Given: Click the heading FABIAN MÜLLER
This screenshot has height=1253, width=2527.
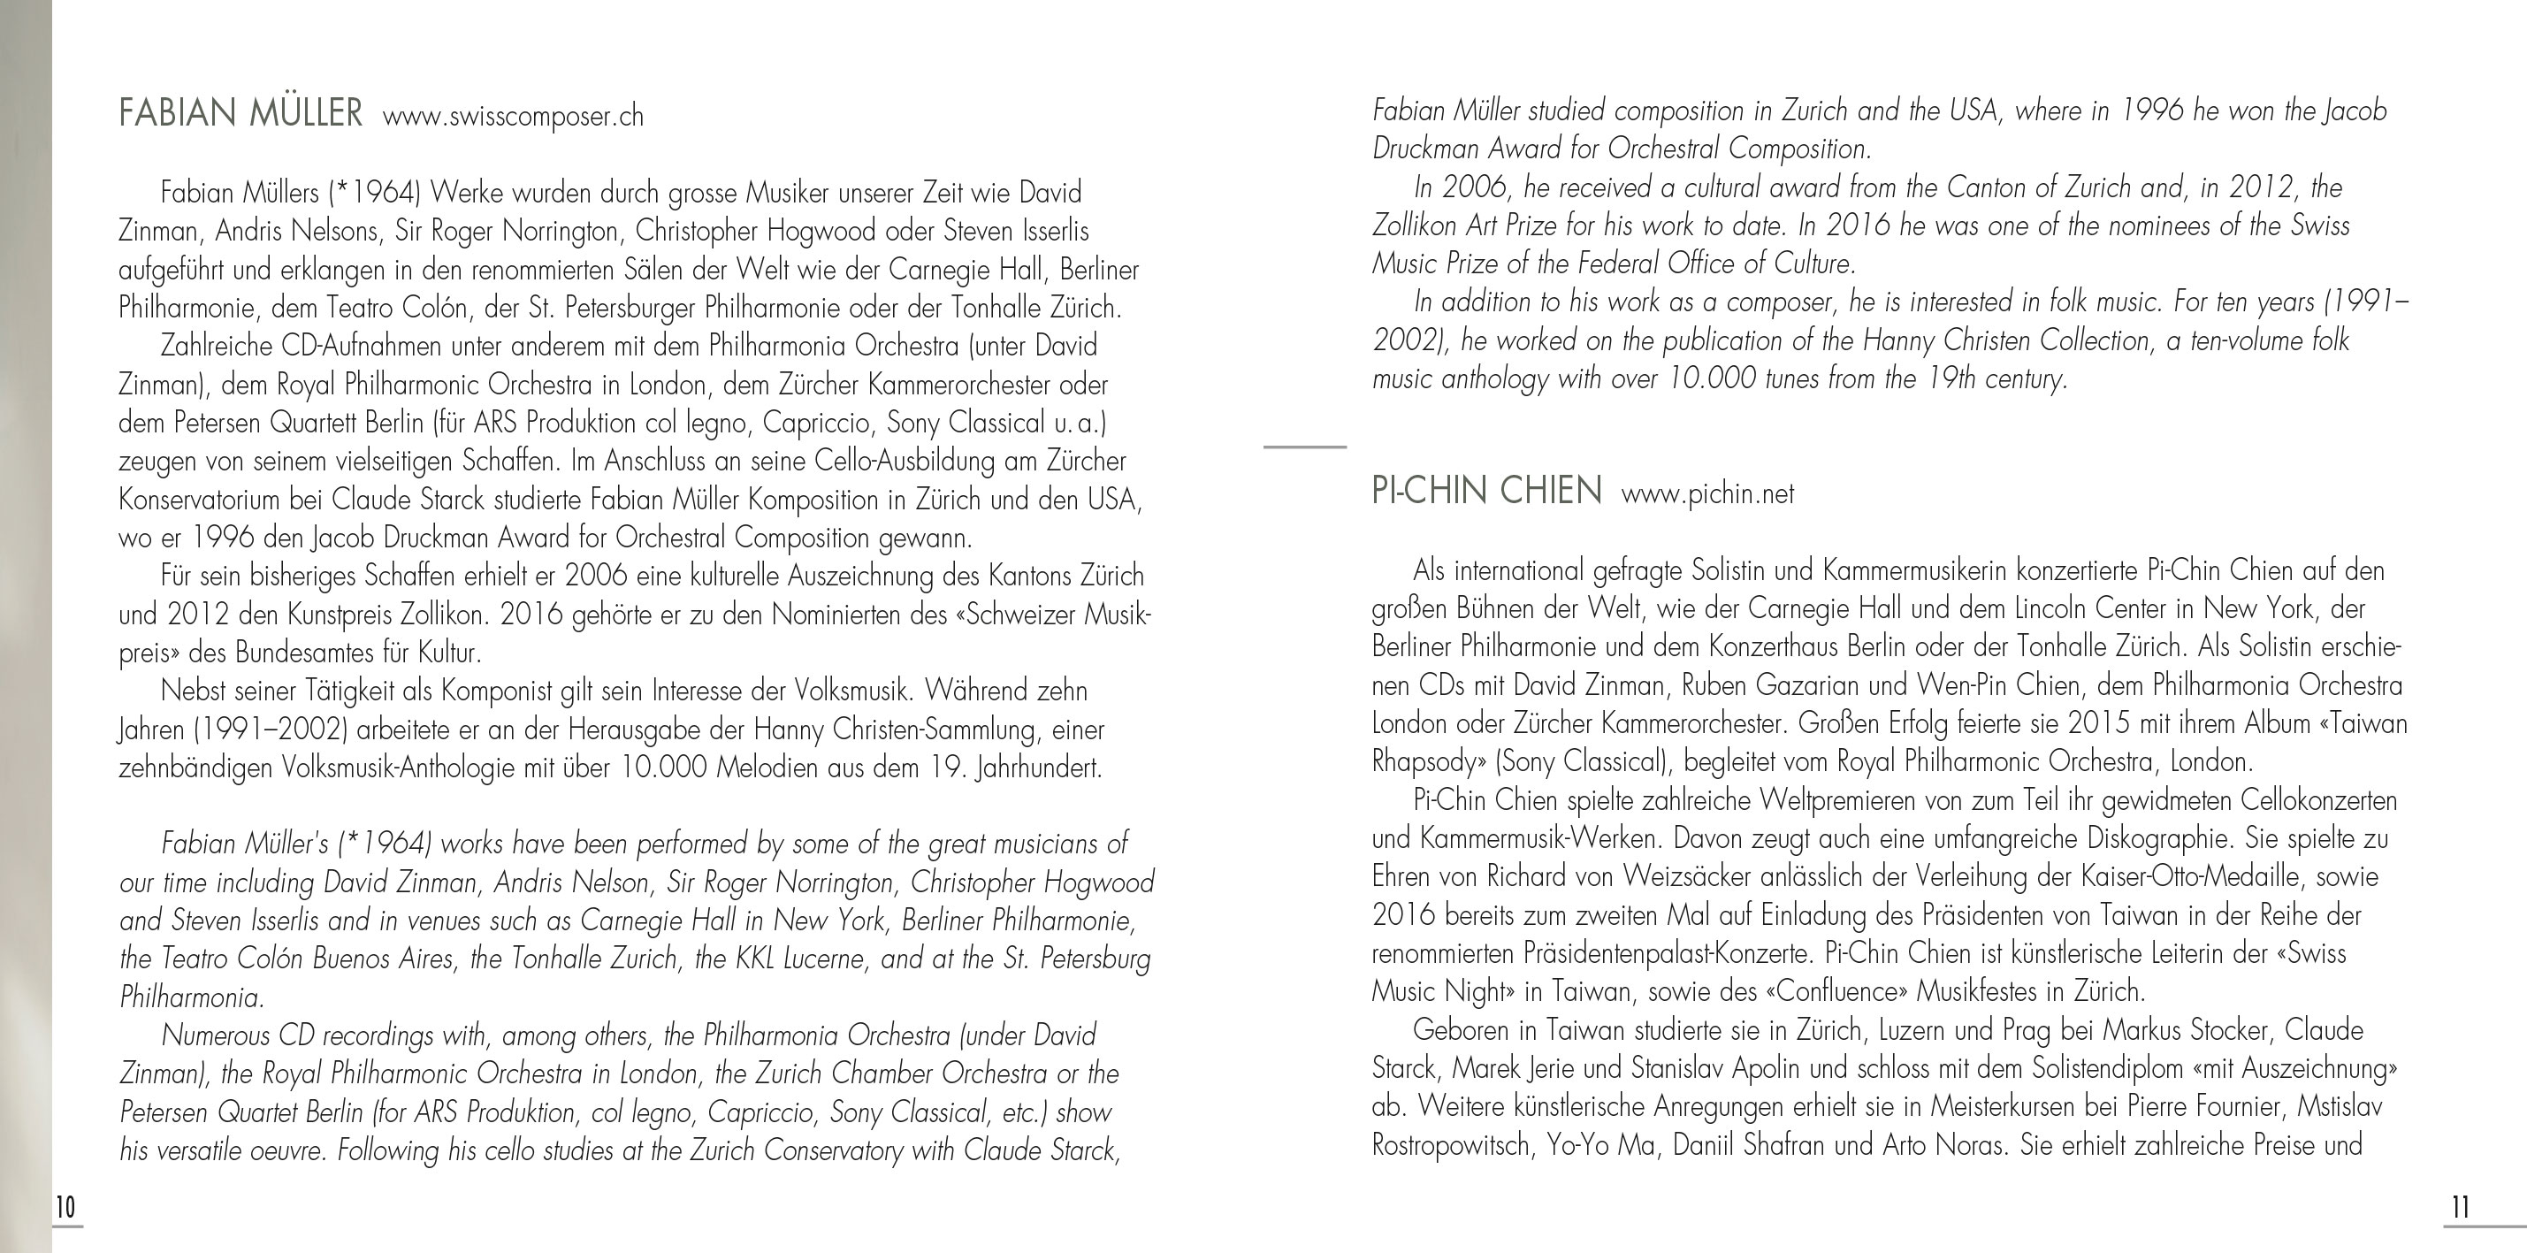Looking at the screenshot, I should coord(240,114).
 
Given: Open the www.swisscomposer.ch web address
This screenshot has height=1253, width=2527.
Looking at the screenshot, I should coord(513,117).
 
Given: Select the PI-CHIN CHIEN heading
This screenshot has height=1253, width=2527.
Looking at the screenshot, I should coord(1486,491).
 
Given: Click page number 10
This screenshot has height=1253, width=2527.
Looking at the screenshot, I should coord(65,1207).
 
